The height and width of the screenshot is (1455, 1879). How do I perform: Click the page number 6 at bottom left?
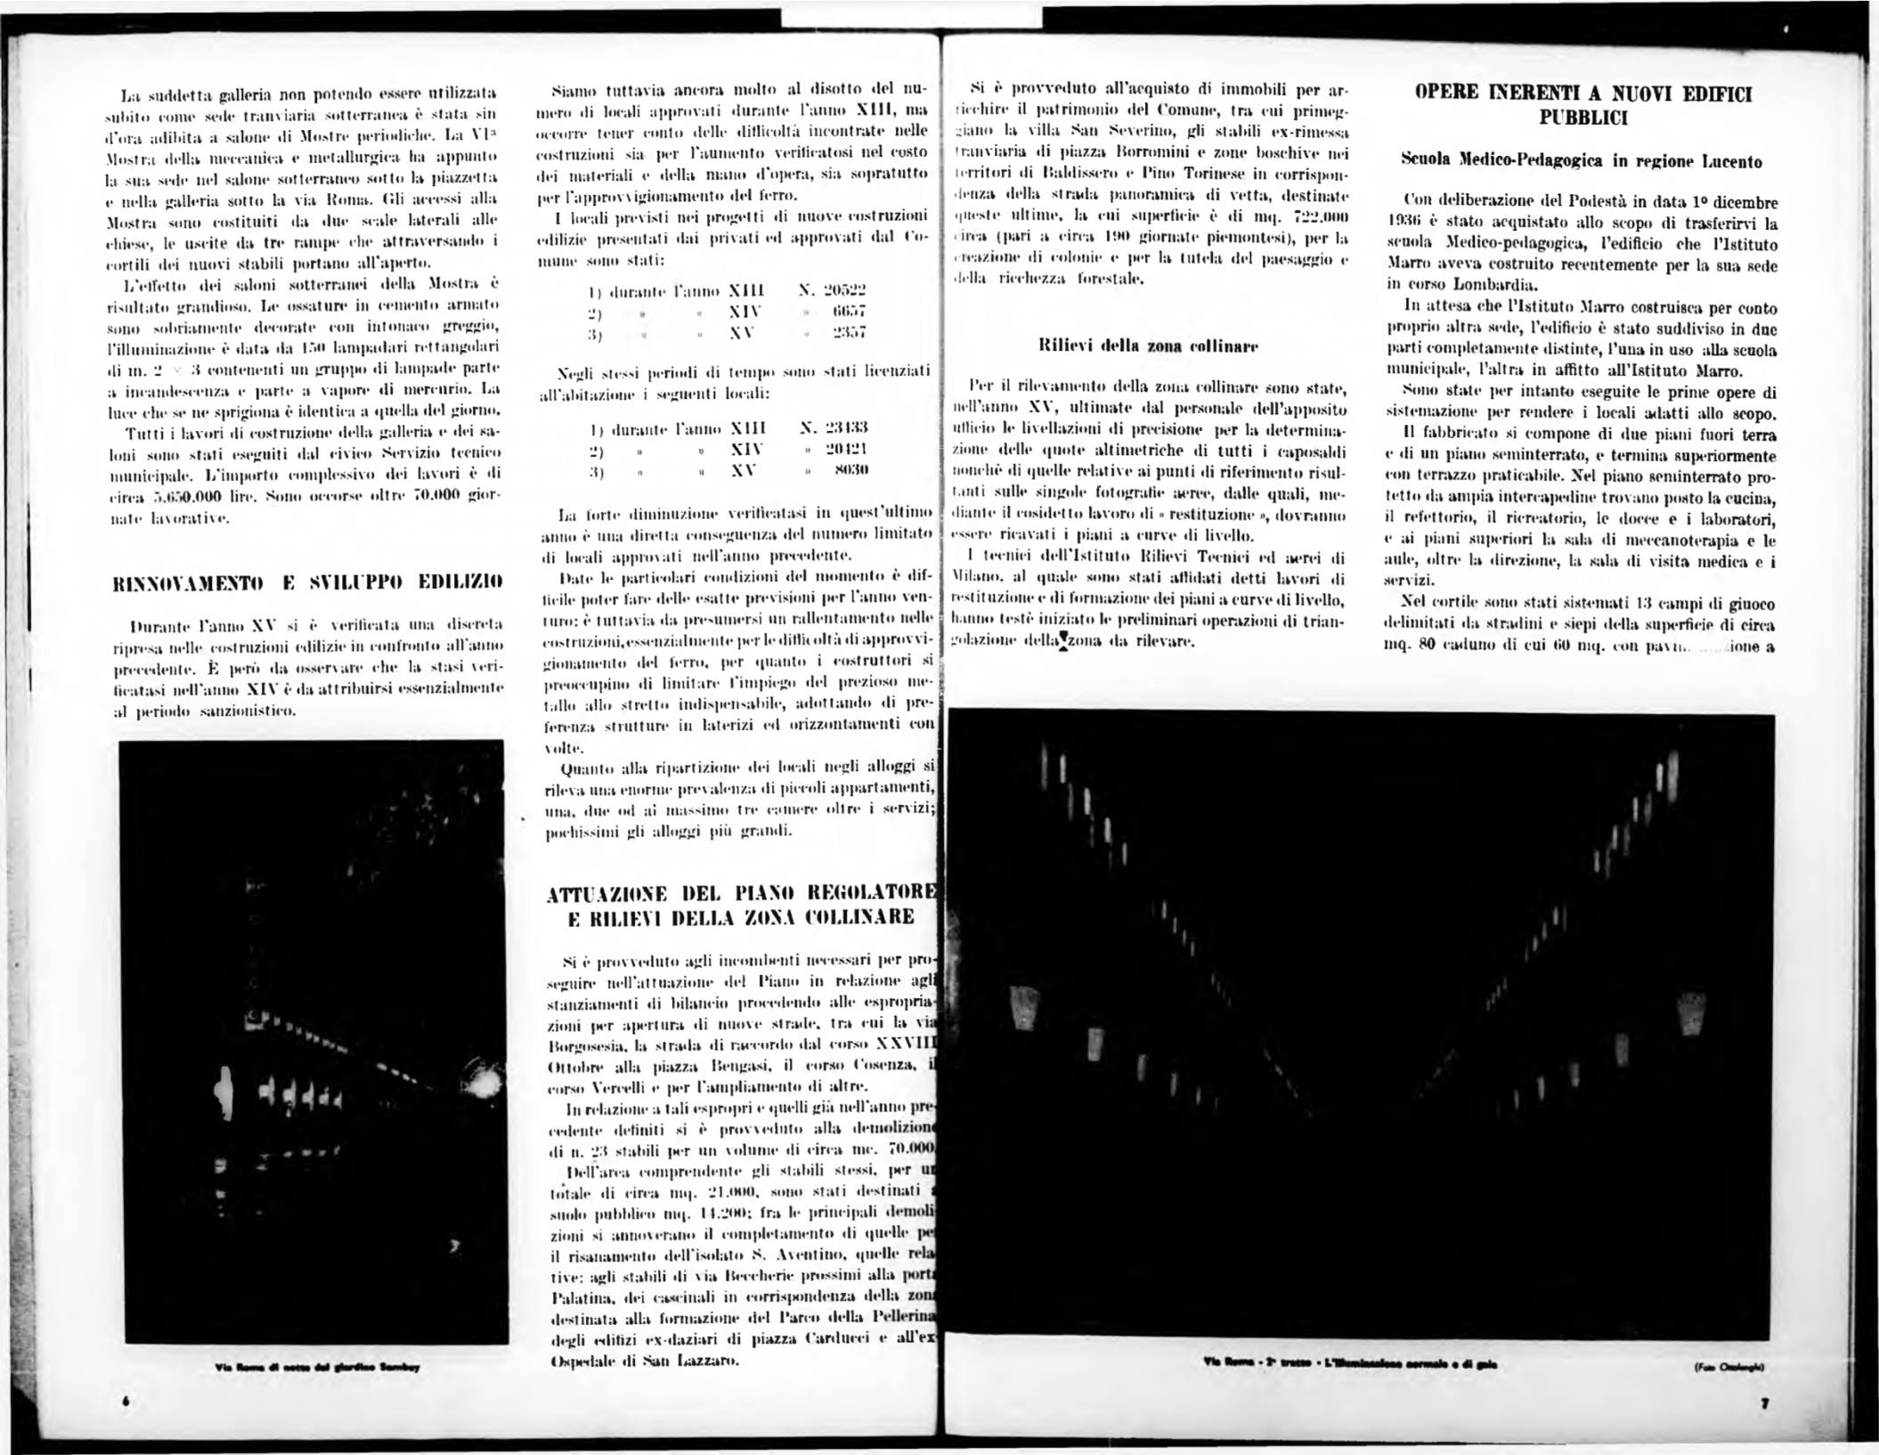coord(126,1401)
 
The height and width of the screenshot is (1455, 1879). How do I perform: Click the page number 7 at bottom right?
coord(1763,1403)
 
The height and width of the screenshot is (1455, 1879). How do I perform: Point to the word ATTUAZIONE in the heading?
coord(606,893)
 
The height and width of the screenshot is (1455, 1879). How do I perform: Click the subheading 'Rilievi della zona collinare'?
coord(1148,345)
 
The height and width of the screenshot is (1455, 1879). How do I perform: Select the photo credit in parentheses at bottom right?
coord(1730,1366)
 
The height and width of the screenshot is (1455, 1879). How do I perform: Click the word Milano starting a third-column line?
coord(977,577)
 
